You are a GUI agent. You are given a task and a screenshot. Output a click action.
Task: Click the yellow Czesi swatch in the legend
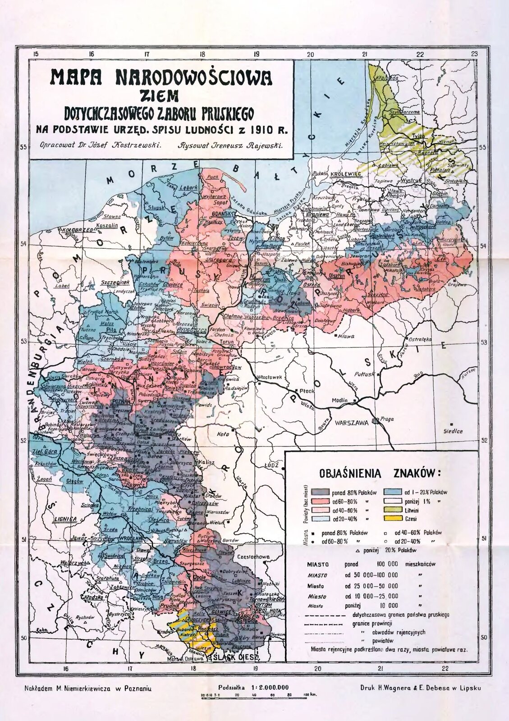pyautogui.click(x=392, y=519)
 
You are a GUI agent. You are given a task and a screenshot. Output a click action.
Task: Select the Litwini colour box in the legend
pyautogui.click(x=392, y=510)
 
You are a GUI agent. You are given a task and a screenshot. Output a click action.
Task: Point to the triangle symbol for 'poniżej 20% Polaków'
pyautogui.click(x=356, y=550)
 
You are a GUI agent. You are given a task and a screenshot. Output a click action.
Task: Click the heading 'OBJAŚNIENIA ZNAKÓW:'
pyautogui.click(x=380, y=474)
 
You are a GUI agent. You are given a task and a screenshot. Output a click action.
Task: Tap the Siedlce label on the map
pyautogui.click(x=453, y=431)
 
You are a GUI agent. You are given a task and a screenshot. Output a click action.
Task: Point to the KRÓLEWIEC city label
pyautogui.click(x=344, y=173)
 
